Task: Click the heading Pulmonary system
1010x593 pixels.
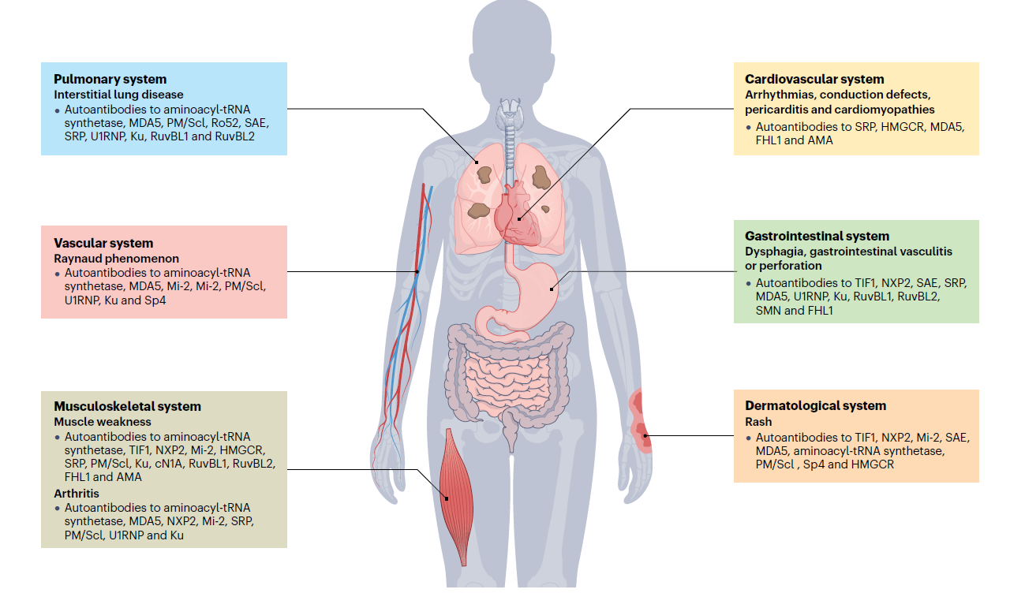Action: click(x=110, y=79)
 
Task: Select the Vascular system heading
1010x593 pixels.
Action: click(x=103, y=243)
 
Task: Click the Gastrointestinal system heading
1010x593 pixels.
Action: click(x=817, y=236)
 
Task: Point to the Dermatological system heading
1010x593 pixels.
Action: click(x=815, y=405)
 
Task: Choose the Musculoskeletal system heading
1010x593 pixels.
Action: click(x=127, y=407)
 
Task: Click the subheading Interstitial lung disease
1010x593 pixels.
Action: click(x=118, y=95)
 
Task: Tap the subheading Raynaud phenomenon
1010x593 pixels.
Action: click(x=116, y=259)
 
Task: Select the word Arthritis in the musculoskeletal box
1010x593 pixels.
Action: click(x=76, y=493)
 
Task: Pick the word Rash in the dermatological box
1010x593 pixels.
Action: click(x=757, y=422)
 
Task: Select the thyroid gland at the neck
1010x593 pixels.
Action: click(x=505, y=119)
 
